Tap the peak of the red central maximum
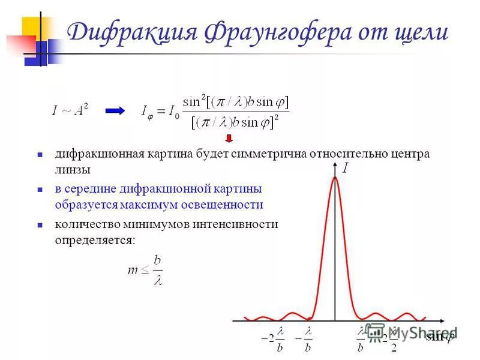coord(335,176)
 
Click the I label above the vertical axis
coord(346,169)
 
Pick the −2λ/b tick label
coord(273,339)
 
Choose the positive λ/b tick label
coord(362,339)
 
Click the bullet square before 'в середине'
coord(40,189)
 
